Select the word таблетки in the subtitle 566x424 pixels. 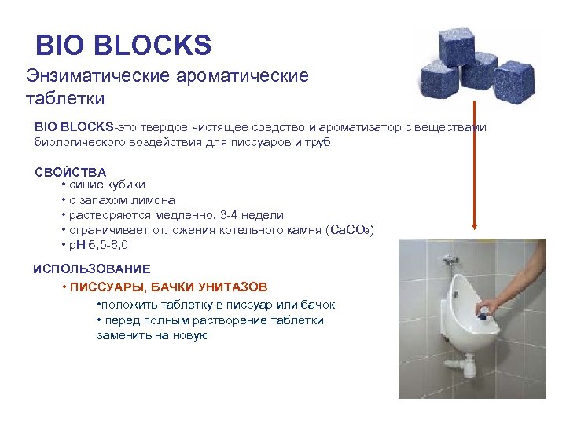pos(65,98)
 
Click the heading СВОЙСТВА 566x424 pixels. pos(70,172)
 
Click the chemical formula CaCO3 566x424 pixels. pos(349,229)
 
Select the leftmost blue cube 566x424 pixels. pos(439,81)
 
